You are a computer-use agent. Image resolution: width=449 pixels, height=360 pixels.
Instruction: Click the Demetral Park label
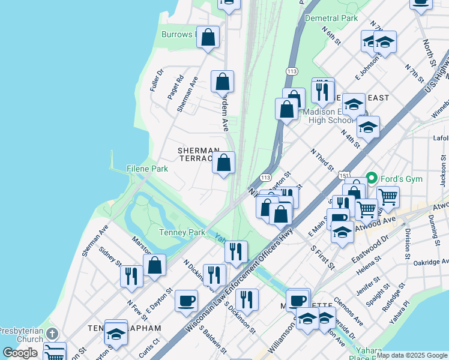(x=331, y=18)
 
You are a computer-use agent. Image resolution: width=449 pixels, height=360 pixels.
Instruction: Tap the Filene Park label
(x=147, y=169)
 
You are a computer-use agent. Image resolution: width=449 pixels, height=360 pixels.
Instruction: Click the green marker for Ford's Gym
(x=372, y=178)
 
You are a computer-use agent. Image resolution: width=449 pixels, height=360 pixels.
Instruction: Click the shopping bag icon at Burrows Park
(x=208, y=37)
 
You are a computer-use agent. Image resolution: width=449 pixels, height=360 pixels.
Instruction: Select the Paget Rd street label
(x=176, y=88)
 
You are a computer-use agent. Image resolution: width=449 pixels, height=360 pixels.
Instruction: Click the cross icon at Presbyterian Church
(x=52, y=333)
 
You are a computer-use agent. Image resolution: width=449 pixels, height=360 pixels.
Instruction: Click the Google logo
(x=20, y=353)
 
